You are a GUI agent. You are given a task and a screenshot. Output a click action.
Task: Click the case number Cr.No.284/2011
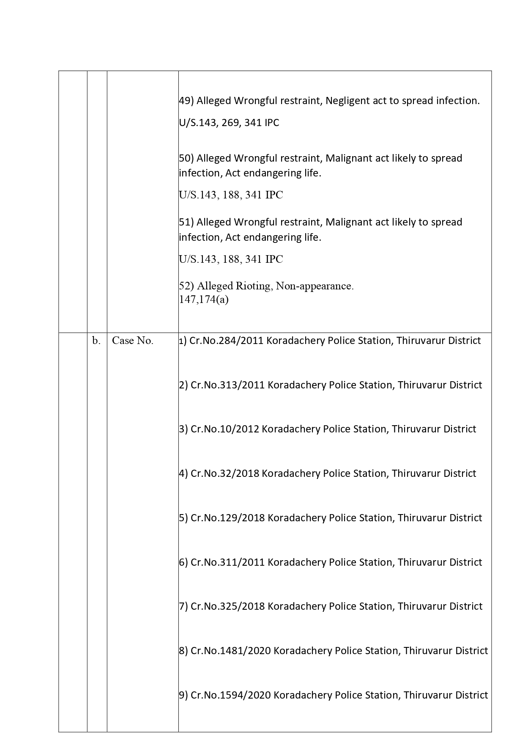point(227,341)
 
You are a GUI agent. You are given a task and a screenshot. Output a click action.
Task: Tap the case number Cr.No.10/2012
point(224,429)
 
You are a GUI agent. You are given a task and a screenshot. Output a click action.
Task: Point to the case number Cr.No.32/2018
point(224,473)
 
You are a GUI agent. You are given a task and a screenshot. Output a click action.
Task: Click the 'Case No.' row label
point(132,341)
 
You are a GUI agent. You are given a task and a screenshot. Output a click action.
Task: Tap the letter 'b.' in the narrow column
point(96,341)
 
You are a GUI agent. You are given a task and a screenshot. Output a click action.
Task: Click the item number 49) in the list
point(186,101)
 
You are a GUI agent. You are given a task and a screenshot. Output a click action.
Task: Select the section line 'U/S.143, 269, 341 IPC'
point(229,123)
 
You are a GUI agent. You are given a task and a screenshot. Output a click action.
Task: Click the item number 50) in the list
point(186,158)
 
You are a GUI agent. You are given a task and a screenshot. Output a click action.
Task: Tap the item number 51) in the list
point(186,222)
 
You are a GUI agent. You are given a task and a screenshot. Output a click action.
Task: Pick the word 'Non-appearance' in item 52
point(314,286)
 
